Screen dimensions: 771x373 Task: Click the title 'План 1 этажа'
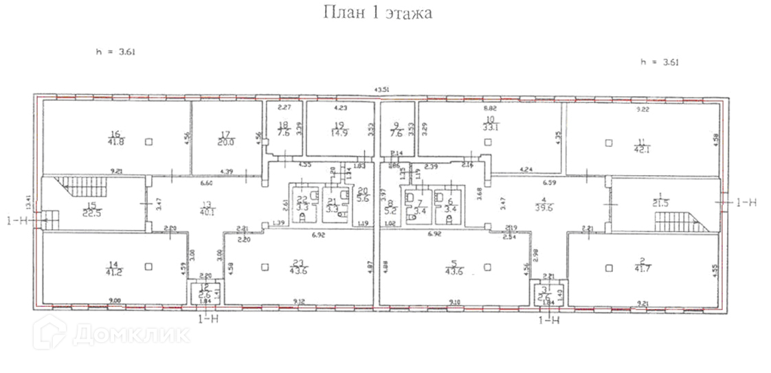(x=377, y=14)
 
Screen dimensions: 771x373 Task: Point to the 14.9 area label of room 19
(x=337, y=135)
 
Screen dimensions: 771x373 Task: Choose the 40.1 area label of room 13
(x=205, y=212)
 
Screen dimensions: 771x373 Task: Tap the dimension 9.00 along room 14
(x=115, y=299)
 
